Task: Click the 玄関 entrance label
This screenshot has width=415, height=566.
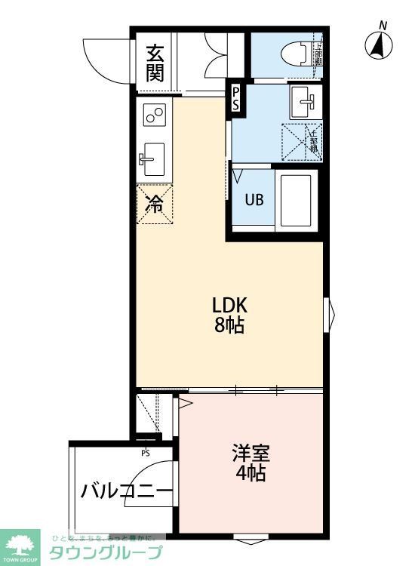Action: click(x=155, y=63)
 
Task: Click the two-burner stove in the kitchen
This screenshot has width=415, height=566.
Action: click(x=155, y=115)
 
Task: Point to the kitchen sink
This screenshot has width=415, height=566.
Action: click(x=154, y=159)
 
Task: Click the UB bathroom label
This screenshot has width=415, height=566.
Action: click(x=254, y=200)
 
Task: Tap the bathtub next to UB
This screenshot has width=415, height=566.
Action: click(x=296, y=200)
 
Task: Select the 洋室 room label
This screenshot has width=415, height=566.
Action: click(x=250, y=454)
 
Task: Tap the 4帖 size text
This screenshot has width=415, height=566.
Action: click(x=250, y=474)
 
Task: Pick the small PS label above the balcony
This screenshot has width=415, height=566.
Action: click(x=145, y=453)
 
